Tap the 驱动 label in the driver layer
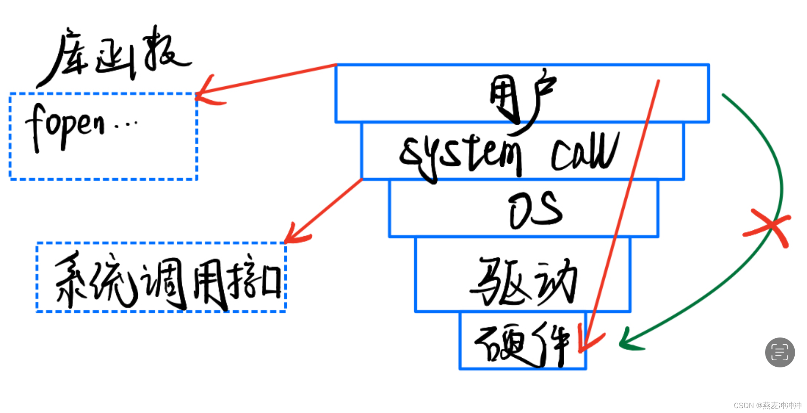523,280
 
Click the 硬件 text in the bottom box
523,344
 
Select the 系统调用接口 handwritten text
168,280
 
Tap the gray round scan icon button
780,352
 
